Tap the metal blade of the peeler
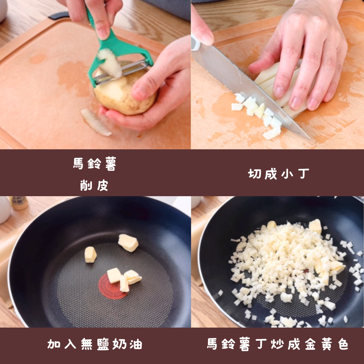pyautogui.click(x=121, y=72)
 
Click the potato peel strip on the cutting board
pyautogui.click(x=96, y=122)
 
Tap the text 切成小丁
pyautogui.click(x=278, y=174)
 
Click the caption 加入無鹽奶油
pyautogui.click(x=94, y=344)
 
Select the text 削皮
pyautogui.click(x=94, y=185)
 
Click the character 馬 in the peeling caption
pyautogui.click(x=78, y=164)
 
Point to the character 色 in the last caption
pyautogui.click(x=343, y=344)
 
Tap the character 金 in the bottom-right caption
pyautogui.click(x=310, y=344)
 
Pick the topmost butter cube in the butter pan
pyautogui.click(x=128, y=243)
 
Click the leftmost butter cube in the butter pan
pyautogui.click(x=90, y=255)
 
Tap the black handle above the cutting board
pyautogui.click(x=59, y=16)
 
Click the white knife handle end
pyautogui.click(x=195, y=43)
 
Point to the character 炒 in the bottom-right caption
pyautogui.click(x=277, y=344)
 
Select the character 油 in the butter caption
pyautogui.click(x=136, y=344)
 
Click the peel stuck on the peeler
pyautogui.click(x=109, y=63)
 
